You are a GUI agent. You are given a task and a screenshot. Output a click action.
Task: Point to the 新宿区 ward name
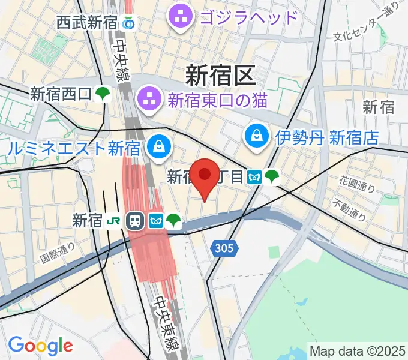[220, 75]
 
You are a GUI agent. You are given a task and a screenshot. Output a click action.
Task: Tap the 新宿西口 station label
[61, 94]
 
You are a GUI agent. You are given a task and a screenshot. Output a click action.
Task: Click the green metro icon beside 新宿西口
[103, 94]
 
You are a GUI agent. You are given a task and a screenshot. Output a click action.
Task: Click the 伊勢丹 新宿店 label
[327, 137]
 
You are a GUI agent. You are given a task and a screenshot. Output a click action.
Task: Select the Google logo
[40, 346]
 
